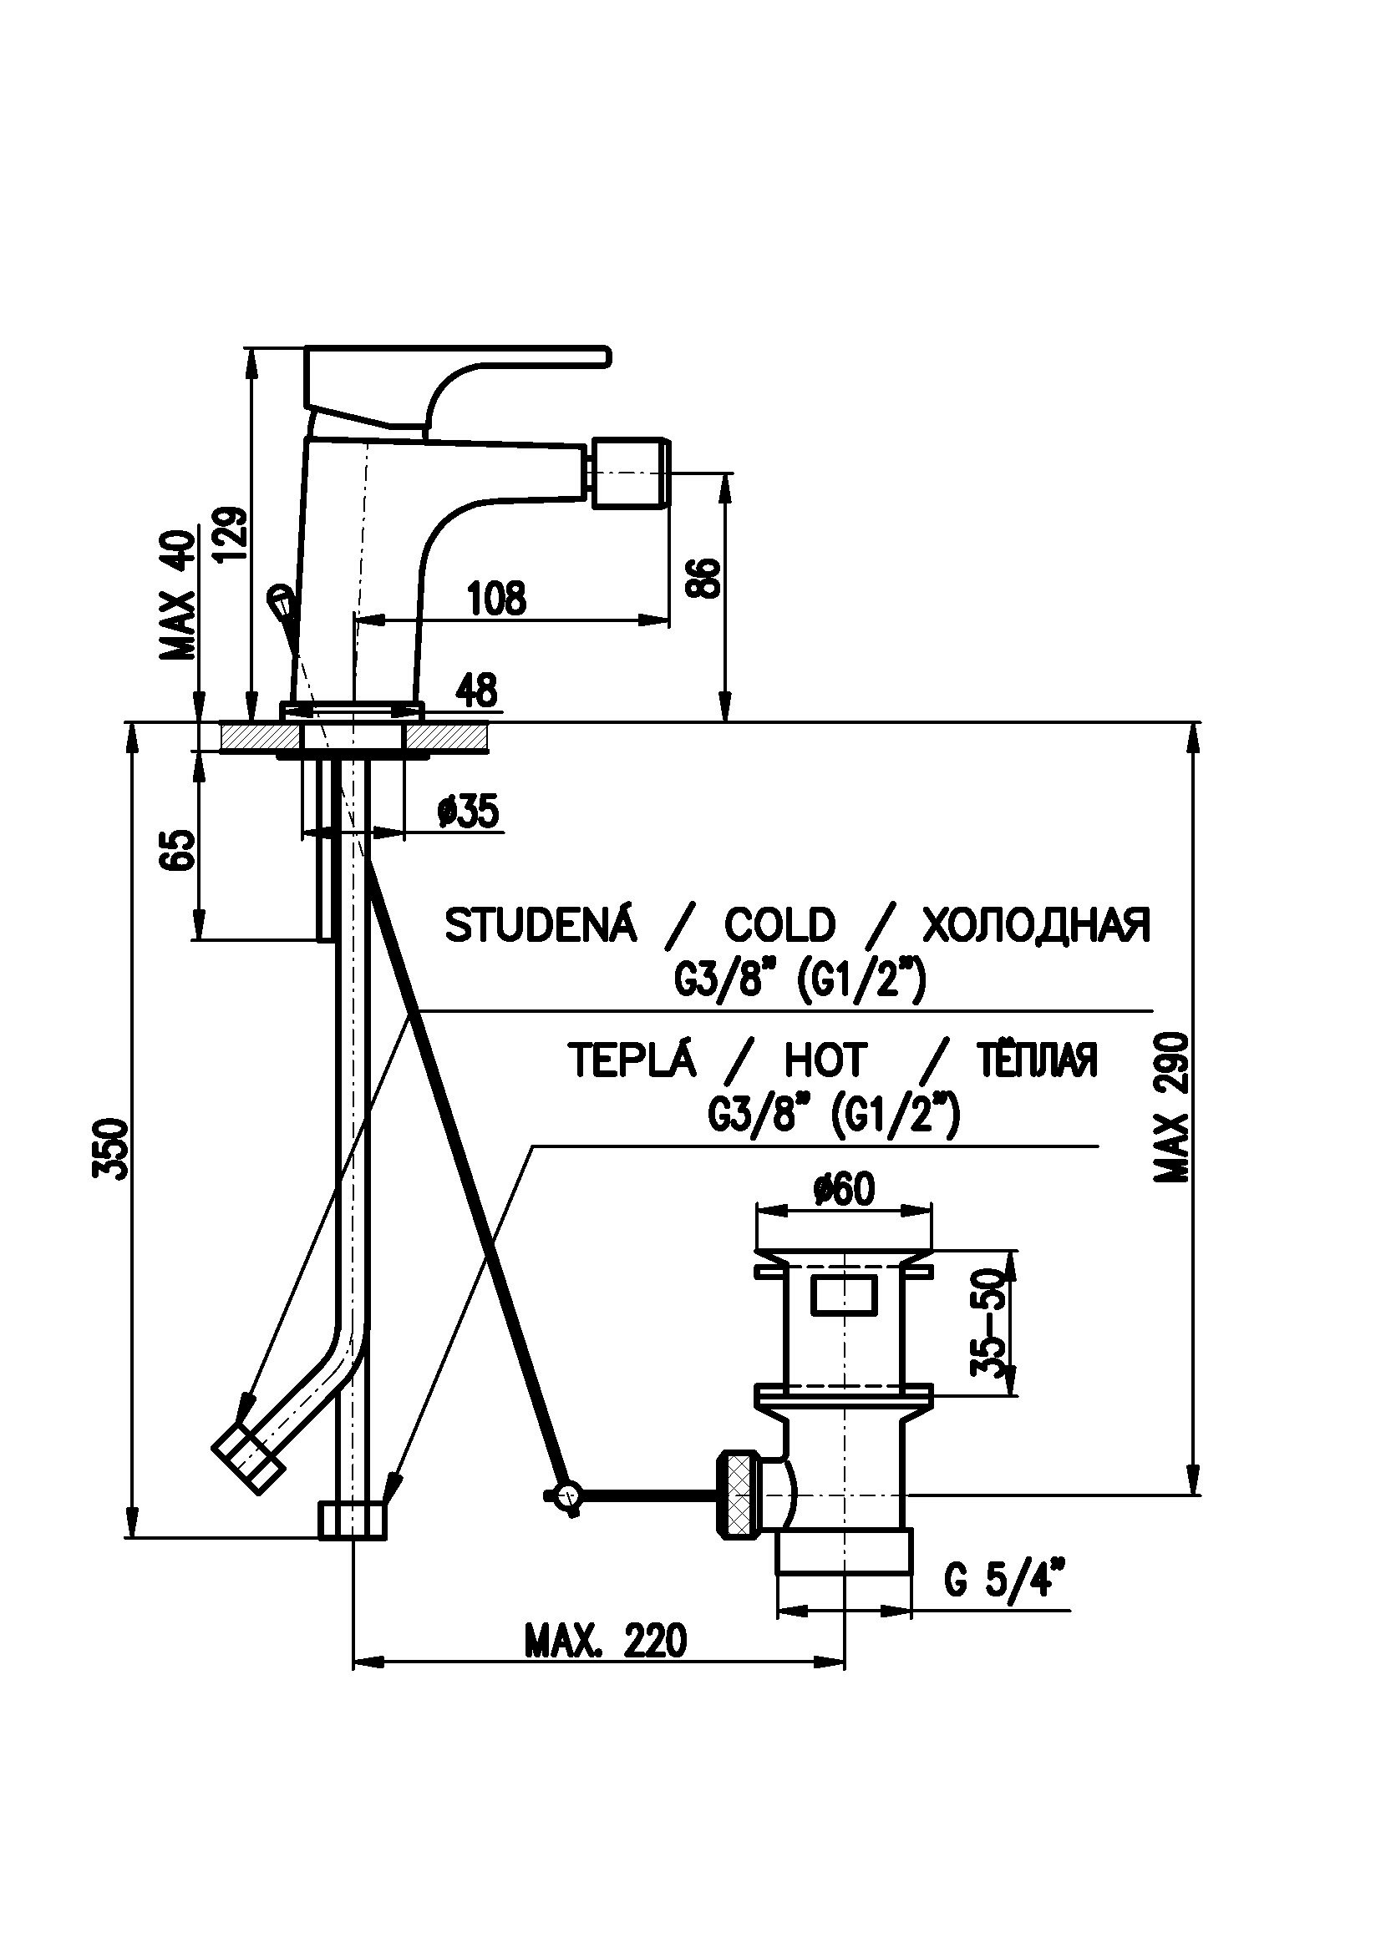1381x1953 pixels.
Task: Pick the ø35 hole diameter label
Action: click(x=467, y=812)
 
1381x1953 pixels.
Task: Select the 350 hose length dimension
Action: click(x=111, y=1149)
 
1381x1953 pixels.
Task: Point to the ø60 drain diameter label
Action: click(x=843, y=1189)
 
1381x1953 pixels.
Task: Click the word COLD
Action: click(x=779, y=925)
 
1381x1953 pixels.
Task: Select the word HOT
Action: click(x=824, y=1060)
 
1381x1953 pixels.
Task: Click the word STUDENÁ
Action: click(x=541, y=925)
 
